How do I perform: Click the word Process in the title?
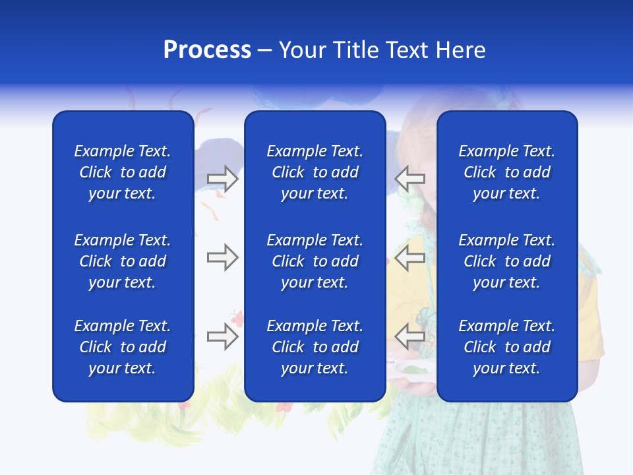pos(207,50)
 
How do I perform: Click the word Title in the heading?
pos(357,50)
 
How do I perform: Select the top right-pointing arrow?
pos(222,179)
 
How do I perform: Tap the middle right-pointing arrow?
pos(222,257)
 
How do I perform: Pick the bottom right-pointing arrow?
pos(222,336)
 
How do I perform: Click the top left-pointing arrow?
pos(410,179)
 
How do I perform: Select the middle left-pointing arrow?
pos(410,257)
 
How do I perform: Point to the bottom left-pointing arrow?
pos(410,336)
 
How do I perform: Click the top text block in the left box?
pos(123,172)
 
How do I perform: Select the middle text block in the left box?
pos(123,261)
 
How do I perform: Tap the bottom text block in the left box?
pos(123,347)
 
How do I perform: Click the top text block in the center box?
pos(315,172)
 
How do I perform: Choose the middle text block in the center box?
pos(315,261)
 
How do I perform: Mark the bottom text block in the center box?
pos(315,347)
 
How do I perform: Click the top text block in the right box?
pos(506,172)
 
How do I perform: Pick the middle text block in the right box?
pos(506,261)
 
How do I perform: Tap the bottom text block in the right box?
pos(506,347)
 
